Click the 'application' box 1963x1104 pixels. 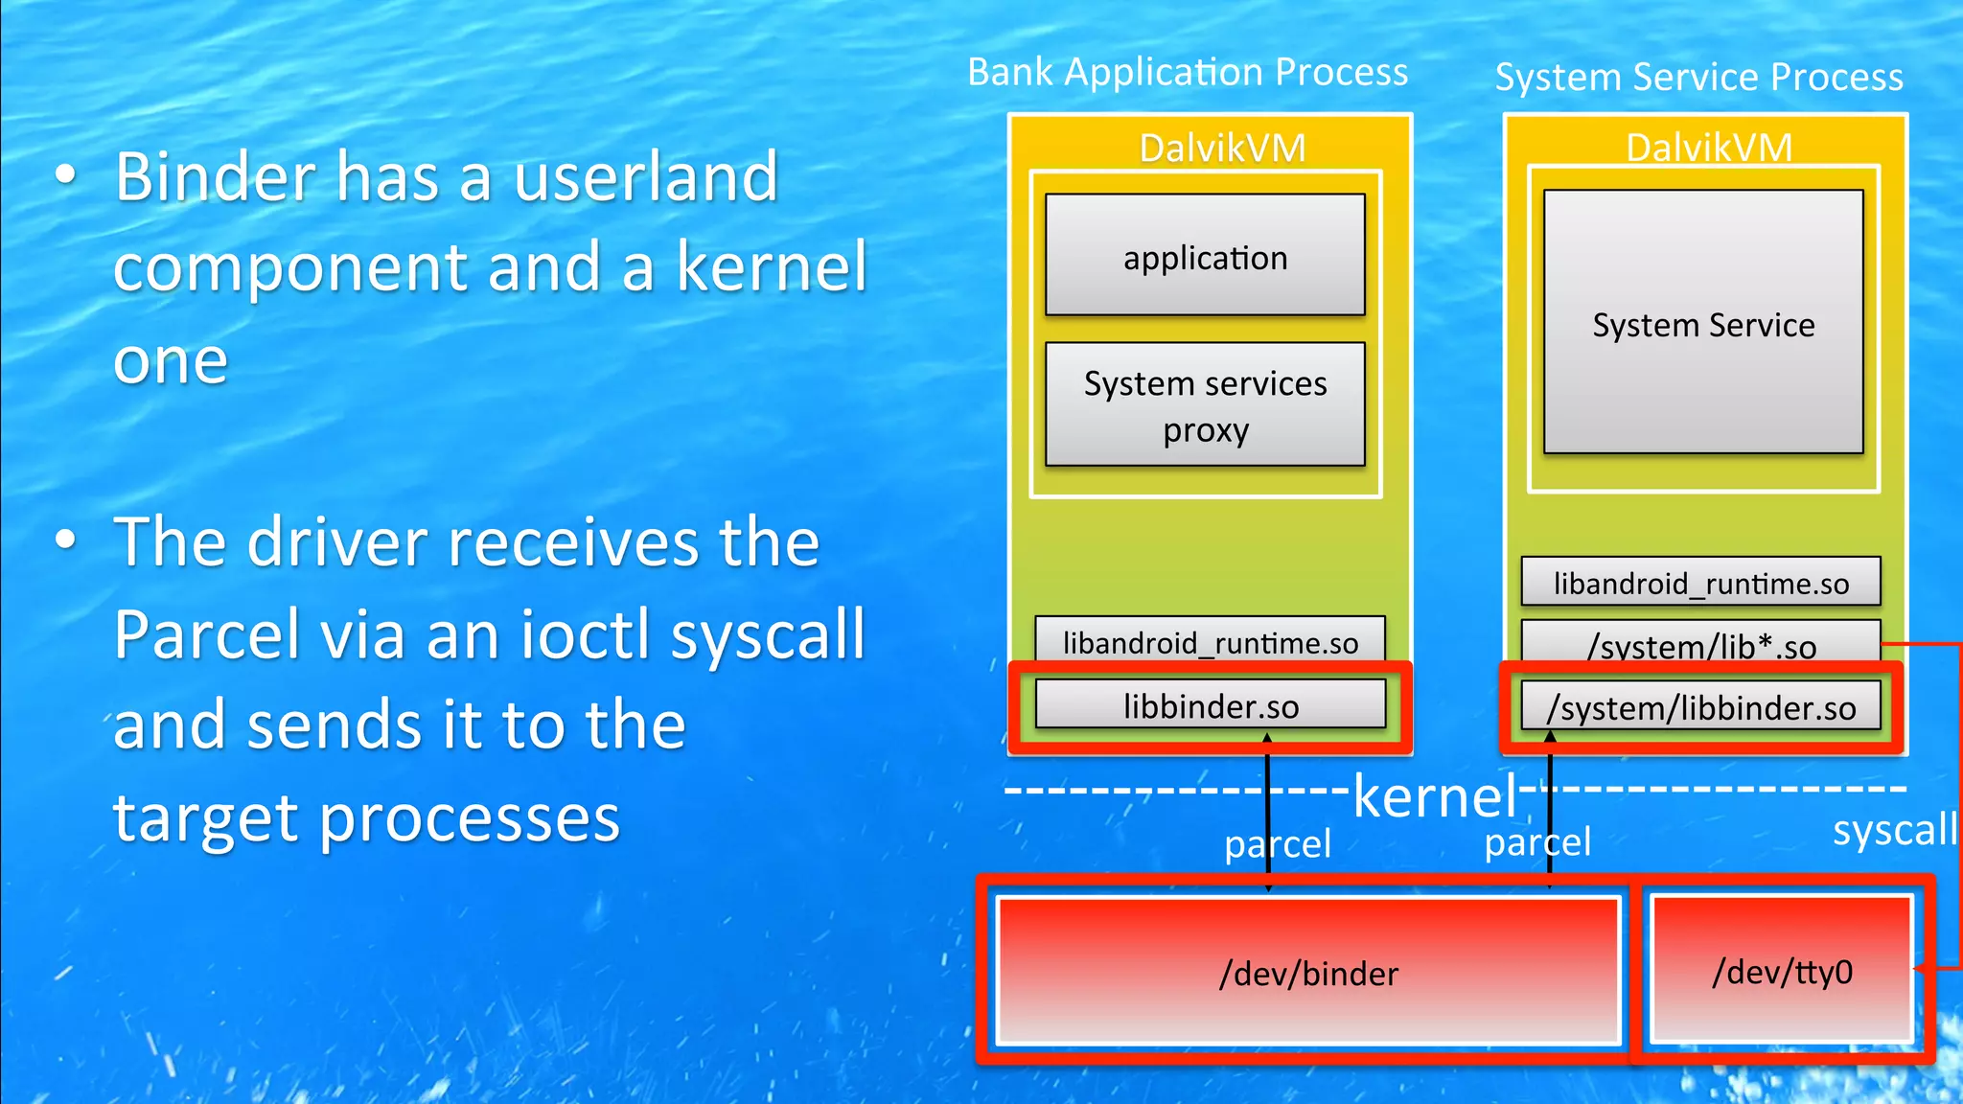(1205, 255)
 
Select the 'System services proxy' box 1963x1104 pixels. (1205, 404)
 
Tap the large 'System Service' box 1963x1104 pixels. (1703, 322)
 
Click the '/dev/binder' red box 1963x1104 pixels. (1308, 972)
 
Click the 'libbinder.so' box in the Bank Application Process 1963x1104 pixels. (1211, 705)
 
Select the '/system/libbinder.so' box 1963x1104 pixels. (1700, 706)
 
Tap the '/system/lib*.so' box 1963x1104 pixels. (1700, 644)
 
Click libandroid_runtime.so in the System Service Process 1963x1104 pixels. (1700, 582)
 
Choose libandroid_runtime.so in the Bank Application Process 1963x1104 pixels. (1210, 640)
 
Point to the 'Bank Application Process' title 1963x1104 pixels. (1188, 72)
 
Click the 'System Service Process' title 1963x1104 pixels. (1698, 77)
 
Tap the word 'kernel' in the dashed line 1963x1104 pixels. (1435, 795)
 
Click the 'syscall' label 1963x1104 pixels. (1894, 830)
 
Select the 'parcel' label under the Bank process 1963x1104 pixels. (1278, 844)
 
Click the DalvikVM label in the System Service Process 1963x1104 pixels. (1708, 148)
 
